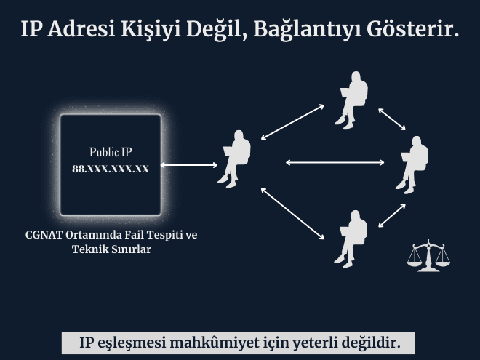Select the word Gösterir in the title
pos(414,29)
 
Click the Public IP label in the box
pos(111,152)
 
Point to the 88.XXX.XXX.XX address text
pos(111,168)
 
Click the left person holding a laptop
pos(235,158)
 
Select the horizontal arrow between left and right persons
pos(324,162)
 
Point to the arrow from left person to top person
pos(292,121)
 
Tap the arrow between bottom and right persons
pos(391,215)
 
